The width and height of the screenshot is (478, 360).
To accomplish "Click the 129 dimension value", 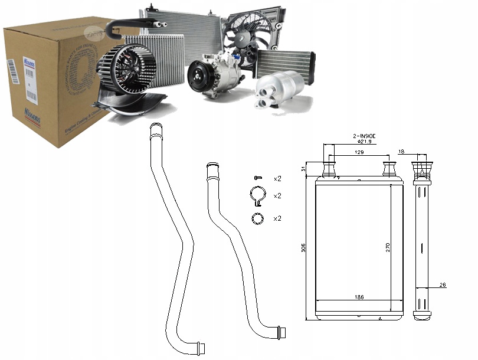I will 358,152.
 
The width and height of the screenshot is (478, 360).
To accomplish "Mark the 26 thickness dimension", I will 442,284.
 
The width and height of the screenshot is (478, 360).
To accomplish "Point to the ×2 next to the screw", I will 277,178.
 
